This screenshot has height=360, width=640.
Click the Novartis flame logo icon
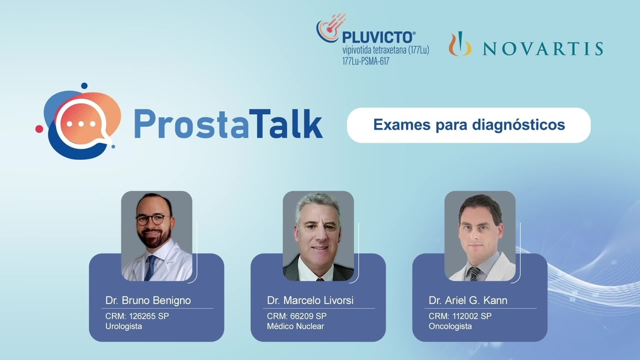(x=459, y=45)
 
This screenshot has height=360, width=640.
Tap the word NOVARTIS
(x=543, y=49)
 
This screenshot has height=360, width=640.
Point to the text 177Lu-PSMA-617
(x=365, y=61)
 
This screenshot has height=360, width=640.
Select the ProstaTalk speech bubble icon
(x=80, y=122)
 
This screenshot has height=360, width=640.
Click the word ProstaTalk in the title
(x=228, y=123)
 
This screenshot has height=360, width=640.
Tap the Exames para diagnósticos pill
(x=468, y=125)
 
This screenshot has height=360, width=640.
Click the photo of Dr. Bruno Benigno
(x=157, y=236)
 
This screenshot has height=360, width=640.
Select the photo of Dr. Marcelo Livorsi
(x=318, y=236)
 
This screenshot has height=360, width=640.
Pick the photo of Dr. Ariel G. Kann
(x=480, y=236)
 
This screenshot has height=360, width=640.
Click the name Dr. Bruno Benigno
(x=148, y=300)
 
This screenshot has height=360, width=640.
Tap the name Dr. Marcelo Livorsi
(x=310, y=300)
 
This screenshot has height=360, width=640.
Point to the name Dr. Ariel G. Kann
(x=468, y=300)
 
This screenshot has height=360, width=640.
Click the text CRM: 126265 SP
(x=137, y=316)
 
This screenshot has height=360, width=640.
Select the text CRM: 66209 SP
(x=297, y=316)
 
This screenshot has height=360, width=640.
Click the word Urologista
(x=124, y=326)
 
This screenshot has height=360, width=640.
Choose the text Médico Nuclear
(x=295, y=326)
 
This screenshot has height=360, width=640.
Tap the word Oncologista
(x=450, y=326)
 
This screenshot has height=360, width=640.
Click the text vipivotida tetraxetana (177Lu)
(x=385, y=50)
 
